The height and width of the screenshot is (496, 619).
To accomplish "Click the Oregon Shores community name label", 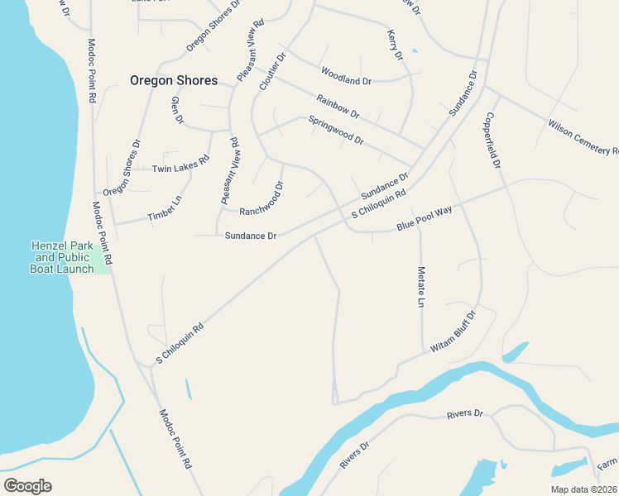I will (174, 80).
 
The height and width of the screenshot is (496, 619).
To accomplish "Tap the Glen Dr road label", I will (175, 110).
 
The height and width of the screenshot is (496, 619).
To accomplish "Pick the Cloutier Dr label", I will (271, 72).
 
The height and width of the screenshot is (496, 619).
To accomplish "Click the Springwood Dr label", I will (336, 130).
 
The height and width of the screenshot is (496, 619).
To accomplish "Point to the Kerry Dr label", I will (395, 45).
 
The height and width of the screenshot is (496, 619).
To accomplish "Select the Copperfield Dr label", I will (494, 140).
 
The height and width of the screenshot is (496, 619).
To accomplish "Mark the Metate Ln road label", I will (420, 287).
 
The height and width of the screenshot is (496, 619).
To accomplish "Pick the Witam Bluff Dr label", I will (453, 331).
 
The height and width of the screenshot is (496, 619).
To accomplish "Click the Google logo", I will (27, 485).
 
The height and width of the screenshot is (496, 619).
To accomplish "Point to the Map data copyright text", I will (584, 489).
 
